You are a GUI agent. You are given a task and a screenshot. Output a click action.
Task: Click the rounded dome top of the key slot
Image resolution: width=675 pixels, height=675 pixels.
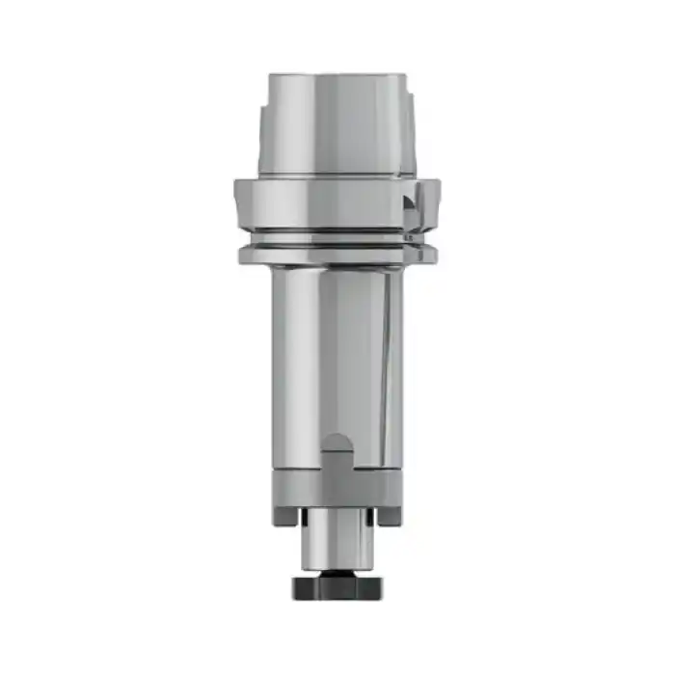click(x=337, y=443)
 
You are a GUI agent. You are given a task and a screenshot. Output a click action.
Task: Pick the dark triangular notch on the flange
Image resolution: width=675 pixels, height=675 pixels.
click(x=412, y=204)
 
